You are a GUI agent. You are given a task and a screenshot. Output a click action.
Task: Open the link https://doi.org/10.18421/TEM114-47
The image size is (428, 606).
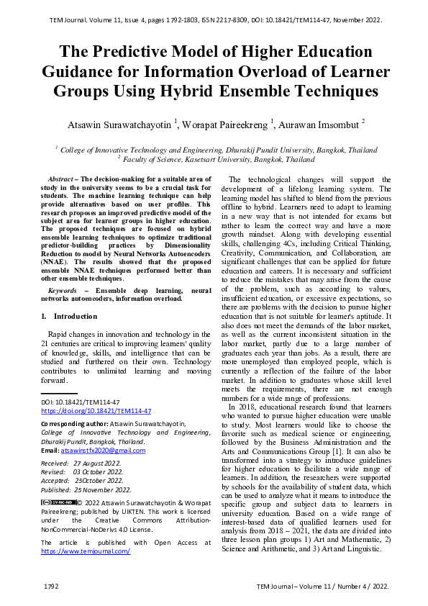[96, 410]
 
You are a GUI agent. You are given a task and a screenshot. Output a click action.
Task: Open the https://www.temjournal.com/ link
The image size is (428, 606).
[86, 551]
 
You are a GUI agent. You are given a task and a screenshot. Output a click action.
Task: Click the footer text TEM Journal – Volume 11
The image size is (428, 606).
[302, 587]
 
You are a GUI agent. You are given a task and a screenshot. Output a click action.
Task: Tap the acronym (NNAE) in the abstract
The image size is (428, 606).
[55, 263]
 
